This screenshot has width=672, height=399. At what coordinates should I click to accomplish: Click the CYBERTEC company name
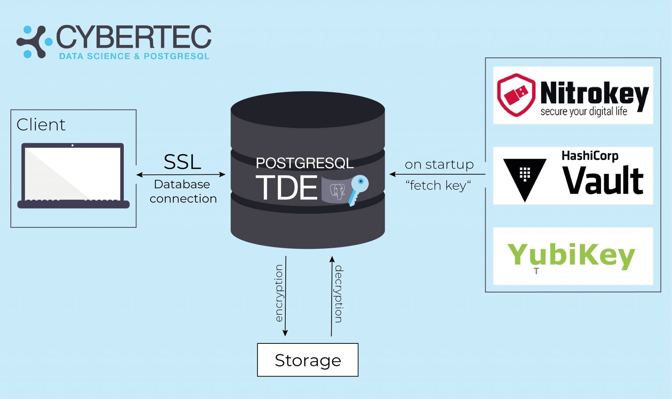pyautogui.click(x=134, y=37)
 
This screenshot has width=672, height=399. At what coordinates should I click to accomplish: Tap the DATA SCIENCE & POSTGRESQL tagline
pyautogui.click(x=134, y=56)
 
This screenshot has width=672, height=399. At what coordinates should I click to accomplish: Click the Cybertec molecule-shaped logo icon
pyautogui.click(x=34, y=42)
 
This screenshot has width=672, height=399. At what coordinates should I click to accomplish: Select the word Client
pyautogui.click(x=41, y=124)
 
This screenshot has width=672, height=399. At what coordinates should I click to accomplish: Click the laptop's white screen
pyautogui.click(x=73, y=174)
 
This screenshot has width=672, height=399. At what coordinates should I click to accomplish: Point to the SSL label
pyautogui.click(x=182, y=162)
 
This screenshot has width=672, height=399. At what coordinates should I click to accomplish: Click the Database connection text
pyautogui.click(x=183, y=191)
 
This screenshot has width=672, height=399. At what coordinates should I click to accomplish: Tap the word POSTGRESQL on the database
pyautogui.click(x=305, y=163)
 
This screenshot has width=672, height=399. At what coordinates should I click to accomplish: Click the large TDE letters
pyautogui.click(x=287, y=187)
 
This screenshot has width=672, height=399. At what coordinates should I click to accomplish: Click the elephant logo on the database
pyautogui.click(x=337, y=191)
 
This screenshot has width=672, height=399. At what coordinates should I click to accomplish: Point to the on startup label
pyautogui.click(x=439, y=165)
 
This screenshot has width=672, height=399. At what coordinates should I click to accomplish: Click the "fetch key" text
pyautogui.click(x=438, y=185)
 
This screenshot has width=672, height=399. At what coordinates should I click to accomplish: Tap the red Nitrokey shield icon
pyautogui.click(x=516, y=95)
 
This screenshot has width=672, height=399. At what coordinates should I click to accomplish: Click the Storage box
pyautogui.click(x=308, y=360)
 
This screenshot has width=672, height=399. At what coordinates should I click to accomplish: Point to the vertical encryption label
pyautogui.click(x=279, y=293)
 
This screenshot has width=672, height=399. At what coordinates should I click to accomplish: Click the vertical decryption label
pyautogui.click(x=338, y=294)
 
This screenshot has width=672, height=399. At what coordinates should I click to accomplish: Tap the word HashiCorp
pyautogui.click(x=590, y=156)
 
